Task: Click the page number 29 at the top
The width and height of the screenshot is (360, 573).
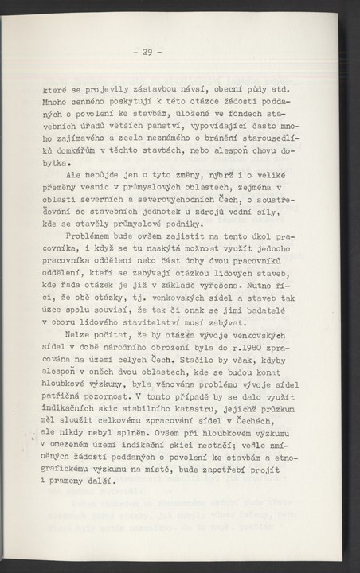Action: point(147,53)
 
